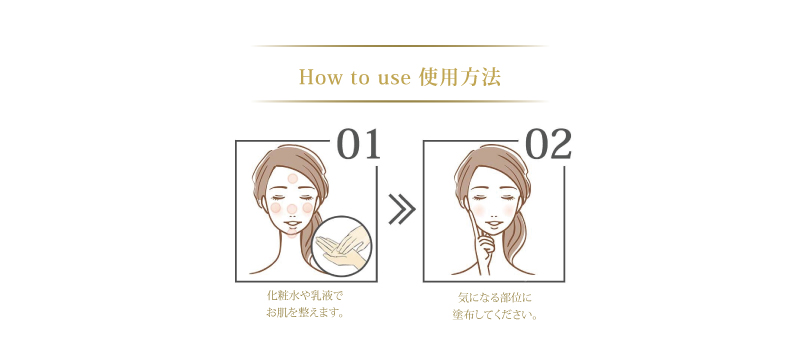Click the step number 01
pos(359,146)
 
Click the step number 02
pos(547,146)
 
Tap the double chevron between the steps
pos(401,210)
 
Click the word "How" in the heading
pos(318,76)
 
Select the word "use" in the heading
pos(392,76)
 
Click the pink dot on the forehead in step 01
pos(292,178)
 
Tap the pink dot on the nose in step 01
pos(292,208)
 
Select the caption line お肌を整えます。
pos(305,314)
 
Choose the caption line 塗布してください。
pos(494,314)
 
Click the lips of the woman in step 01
pos(291,225)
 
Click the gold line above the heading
pos(400,46)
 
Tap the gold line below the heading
pos(400,101)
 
